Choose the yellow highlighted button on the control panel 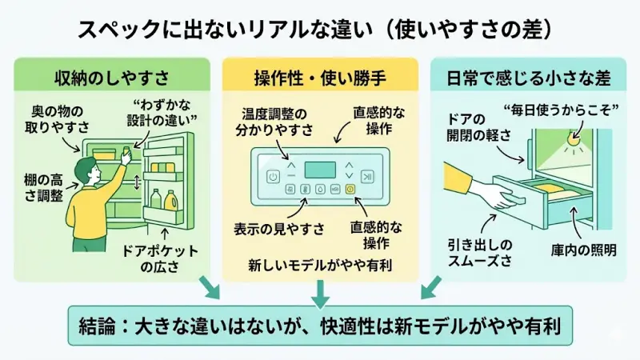click(x=349, y=190)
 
